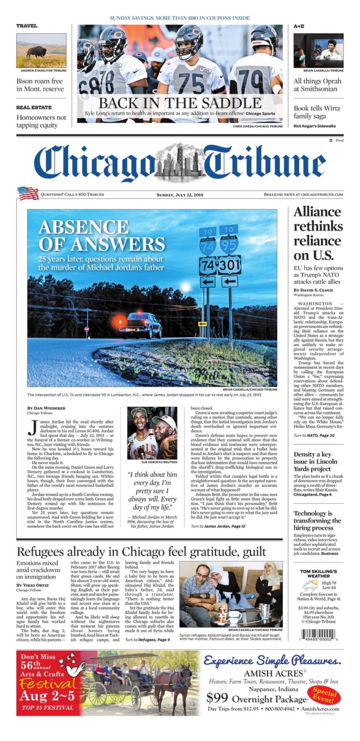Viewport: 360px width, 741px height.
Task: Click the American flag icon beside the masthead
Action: (28, 193)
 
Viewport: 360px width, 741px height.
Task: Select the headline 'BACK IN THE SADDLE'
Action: (180, 103)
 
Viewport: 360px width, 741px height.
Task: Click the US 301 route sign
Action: (229, 265)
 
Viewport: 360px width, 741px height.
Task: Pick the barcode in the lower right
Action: (319, 634)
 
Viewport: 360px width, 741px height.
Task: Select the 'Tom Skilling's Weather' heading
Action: (319, 575)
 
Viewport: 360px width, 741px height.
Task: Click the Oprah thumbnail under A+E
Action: (318, 50)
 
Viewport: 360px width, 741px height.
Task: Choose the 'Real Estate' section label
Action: (34, 108)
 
